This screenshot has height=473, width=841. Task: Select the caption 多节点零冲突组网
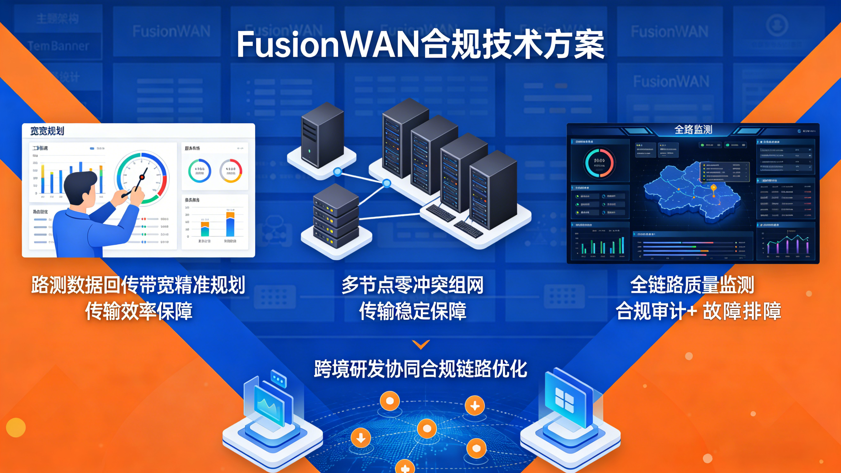pyautogui.click(x=412, y=285)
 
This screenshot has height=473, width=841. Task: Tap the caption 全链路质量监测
pyautogui.click(x=692, y=285)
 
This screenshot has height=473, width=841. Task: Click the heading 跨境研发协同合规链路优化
pyautogui.click(x=420, y=369)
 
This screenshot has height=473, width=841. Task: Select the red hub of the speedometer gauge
pyautogui.click(x=142, y=177)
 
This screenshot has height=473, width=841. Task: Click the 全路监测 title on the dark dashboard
pyautogui.click(x=693, y=130)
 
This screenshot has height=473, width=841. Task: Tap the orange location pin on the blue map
pyautogui.click(x=714, y=189)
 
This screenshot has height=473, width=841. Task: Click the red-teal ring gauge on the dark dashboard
pyautogui.click(x=599, y=163)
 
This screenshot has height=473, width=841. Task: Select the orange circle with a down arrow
pyautogui.click(x=361, y=438)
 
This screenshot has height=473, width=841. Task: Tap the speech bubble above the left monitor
pyautogui.click(x=278, y=379)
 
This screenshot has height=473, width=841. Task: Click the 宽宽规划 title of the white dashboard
pyautogui.click(x=47, y=131)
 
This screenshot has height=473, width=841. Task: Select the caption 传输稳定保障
pyautogui.click(x=412, y=311)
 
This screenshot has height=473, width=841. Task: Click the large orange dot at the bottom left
pyautogui.click(x=16, y=427)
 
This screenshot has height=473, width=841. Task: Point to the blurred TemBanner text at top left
pyautogui.click(x=58, y=46)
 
